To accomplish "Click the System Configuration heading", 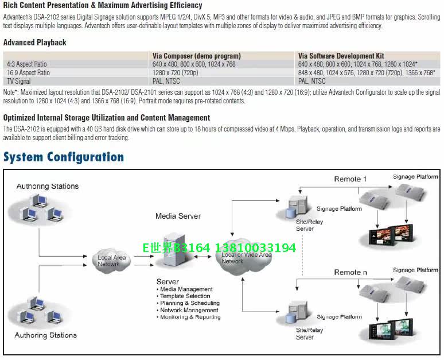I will [x=64, y=157].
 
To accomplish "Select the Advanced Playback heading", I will [x=34, y=42].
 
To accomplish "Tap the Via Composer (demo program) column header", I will [x=196, y=56].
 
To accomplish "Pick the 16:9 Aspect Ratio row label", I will [x=29, y=73].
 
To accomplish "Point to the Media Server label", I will [x=178, y=216].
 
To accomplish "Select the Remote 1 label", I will [x=350, y=179].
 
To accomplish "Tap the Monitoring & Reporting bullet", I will [x=190, y=317].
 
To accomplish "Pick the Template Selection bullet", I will [x=186, y=296].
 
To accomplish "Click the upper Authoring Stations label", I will [x=47, y=186].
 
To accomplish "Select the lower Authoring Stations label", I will [x=46, y=335].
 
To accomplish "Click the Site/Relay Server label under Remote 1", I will [x=305, y=225].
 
